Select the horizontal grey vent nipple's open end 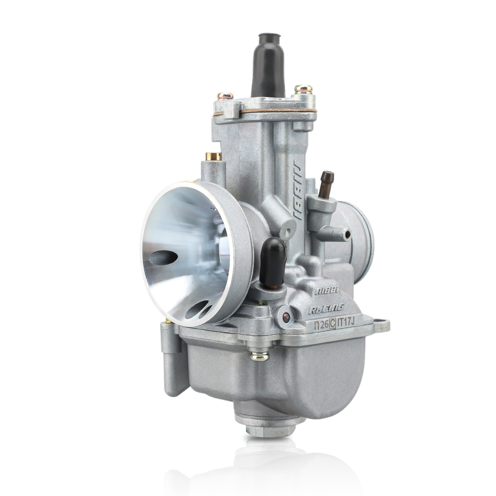pos(348,233)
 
